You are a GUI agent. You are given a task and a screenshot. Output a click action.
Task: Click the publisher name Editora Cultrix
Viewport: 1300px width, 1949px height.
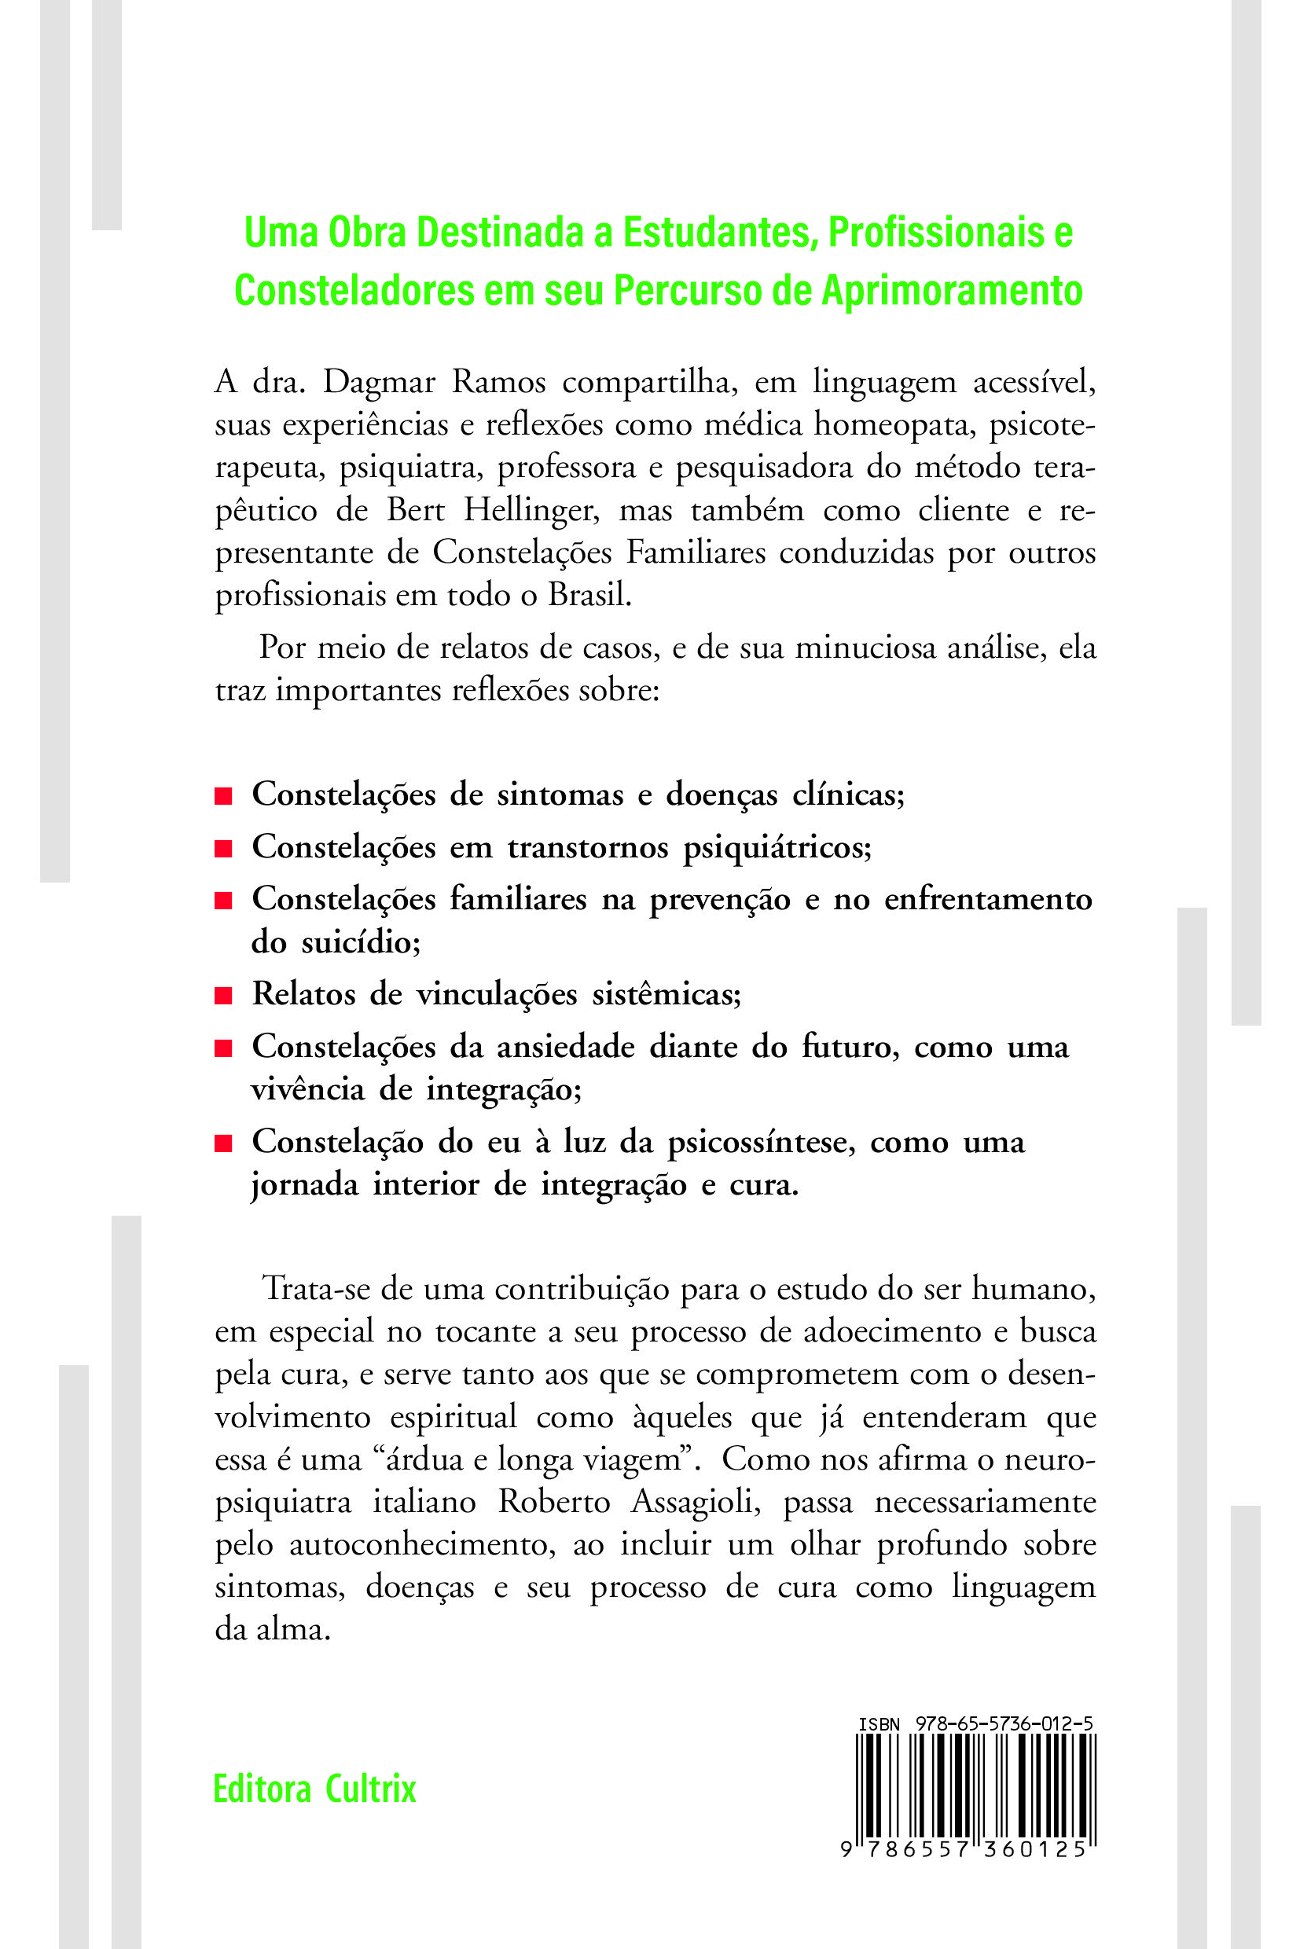[x=314, y=1789]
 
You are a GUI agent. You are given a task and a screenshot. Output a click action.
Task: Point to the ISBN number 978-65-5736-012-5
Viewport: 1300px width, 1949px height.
[x=1004, y=1723]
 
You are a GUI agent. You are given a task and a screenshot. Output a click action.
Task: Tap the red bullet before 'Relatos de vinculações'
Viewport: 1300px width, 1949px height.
[x=222, y=996]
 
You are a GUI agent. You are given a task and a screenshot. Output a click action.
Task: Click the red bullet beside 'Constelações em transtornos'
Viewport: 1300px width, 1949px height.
[x=222, y=849]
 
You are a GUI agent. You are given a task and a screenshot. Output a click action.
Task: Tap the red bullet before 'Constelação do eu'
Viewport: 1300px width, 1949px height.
[x=222, y=1144]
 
